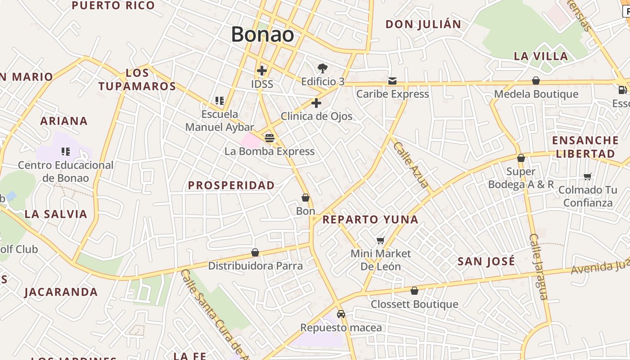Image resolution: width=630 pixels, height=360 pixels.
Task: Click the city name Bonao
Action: pyautogui.click(x=263, y=35)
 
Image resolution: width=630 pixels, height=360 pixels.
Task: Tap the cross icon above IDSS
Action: pyautogui.click(x=262, y=71)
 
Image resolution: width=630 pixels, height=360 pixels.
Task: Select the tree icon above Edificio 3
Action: pyautogui.click(x=322, y=68)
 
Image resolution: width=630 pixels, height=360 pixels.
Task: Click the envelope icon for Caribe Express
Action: pyautogui.click(x=392, y=81)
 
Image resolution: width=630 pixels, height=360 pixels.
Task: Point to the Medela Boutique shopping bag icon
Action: pyautogui.click(x=536, y=81)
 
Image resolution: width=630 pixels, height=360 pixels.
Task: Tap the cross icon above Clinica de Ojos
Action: pyautogui.click(x=316, y=103)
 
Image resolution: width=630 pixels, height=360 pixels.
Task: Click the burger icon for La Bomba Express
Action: pyautogui.click(x=269, y=138)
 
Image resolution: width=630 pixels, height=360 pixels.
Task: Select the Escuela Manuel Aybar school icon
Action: pyautogui.click(x=220, y=101)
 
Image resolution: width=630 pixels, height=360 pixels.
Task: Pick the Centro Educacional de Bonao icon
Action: pyautogui.click(x=66, y=152)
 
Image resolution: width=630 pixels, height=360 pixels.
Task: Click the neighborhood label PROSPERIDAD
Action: pyautogui.click(x=231, y=185)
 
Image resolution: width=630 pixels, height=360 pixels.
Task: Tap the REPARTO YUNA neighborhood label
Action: pyautogui.click(x=370, y=220)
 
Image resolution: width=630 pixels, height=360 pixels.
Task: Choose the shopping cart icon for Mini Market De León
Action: pyautogui.click(x=381, y=241)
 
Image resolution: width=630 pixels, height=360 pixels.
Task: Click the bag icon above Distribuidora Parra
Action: pyautogui.click(x=255, y=253)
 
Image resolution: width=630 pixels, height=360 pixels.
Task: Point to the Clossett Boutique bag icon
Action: pyautogui.click(x=414, y=291)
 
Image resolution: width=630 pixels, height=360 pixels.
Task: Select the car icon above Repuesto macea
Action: pyautogui.click(x=341, y=314)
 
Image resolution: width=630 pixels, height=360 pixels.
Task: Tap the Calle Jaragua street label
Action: pyautogui.click(x=539, y=266)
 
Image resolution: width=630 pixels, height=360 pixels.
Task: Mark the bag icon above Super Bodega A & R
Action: pyautogui.click(x=521, y=158)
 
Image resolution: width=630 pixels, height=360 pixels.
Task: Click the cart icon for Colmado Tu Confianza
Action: pyautogui.click(x=587, y=176)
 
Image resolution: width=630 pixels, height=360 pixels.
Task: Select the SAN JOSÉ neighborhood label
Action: pyautogui.click(x=486, y=261)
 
